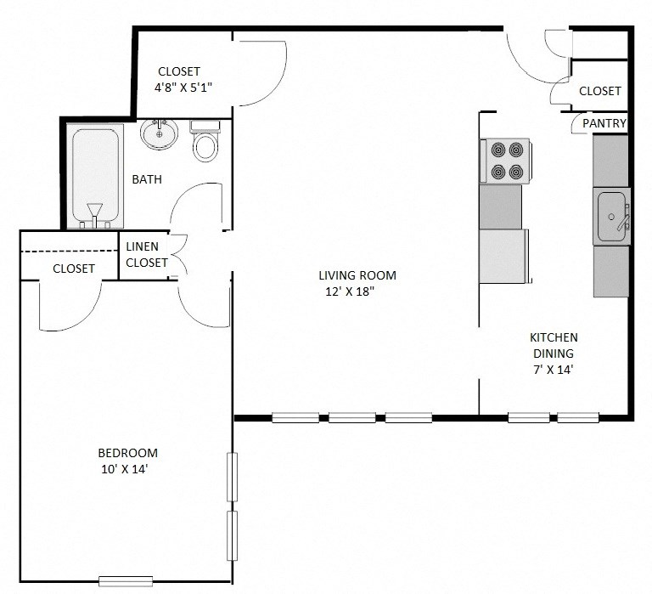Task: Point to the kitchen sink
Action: coord(611,217)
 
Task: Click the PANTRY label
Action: coord(604,124)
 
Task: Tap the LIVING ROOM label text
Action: coord(357,275)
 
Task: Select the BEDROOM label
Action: coord(127,453)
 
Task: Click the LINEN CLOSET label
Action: coord(147,255)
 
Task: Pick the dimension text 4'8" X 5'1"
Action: coord(188,87)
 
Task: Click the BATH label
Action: coord(147,179)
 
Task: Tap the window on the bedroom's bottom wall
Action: coord(125,581)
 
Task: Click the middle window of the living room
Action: coord(352,417)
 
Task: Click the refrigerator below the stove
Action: coord(503,255)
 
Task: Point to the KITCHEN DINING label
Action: coord(554,346)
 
